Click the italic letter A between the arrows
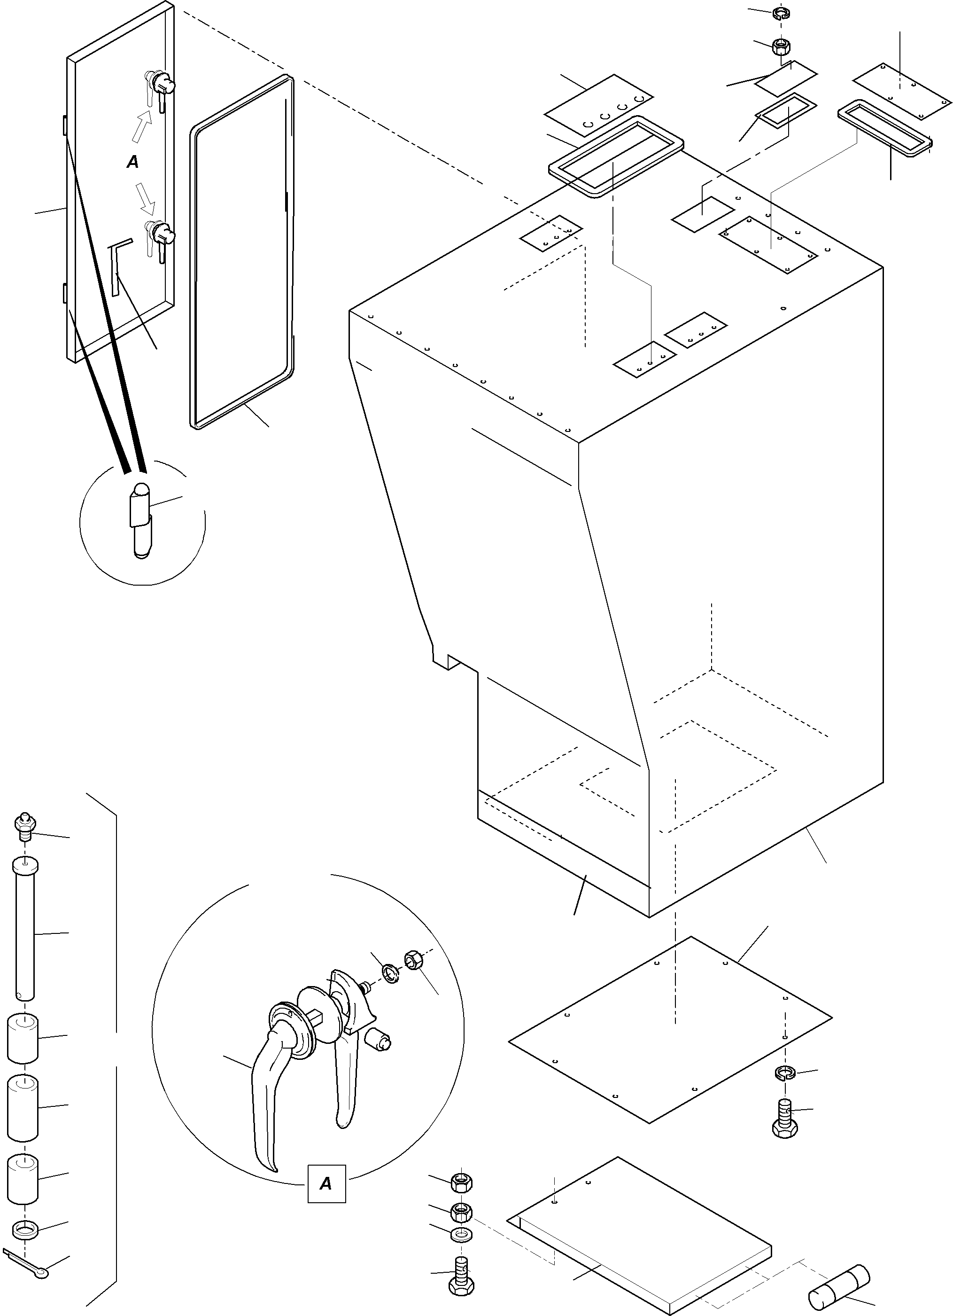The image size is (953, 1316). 133,163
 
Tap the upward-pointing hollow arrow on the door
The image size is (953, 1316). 141,125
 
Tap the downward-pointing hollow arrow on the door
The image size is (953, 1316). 146,197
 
